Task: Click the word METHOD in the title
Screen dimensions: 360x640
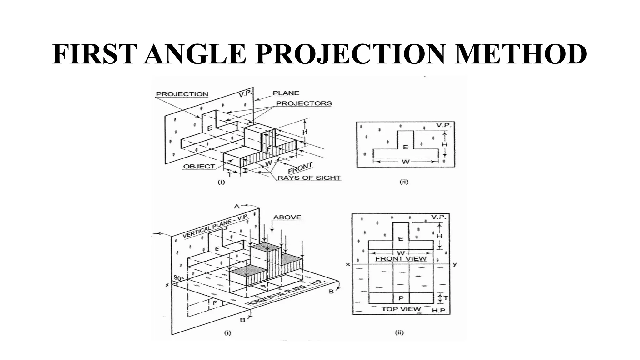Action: click(520, 54)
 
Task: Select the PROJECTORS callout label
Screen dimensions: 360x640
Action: click(304, 103)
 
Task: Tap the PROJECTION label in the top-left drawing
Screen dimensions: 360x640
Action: click(182, 94)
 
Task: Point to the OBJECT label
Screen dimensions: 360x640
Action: click(199, 167)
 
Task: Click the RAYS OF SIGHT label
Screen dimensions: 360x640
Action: click(309, 178)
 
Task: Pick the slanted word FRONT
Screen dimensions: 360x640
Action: click(300, 168)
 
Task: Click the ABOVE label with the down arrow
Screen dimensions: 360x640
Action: click(287, 217)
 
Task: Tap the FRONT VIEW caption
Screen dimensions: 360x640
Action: click(400, 259)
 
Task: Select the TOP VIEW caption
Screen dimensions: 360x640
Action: click(401, 309)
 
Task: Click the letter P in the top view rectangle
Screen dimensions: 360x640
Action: click(401, 298)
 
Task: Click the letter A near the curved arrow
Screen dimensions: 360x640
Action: click(237, 206)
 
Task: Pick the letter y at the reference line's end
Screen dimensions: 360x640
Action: click(455, 264)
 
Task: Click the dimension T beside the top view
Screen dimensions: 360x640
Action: click(446, 298)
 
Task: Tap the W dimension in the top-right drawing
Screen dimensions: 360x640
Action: click(405, 162)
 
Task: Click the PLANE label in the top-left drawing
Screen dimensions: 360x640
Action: click(286, 93)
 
